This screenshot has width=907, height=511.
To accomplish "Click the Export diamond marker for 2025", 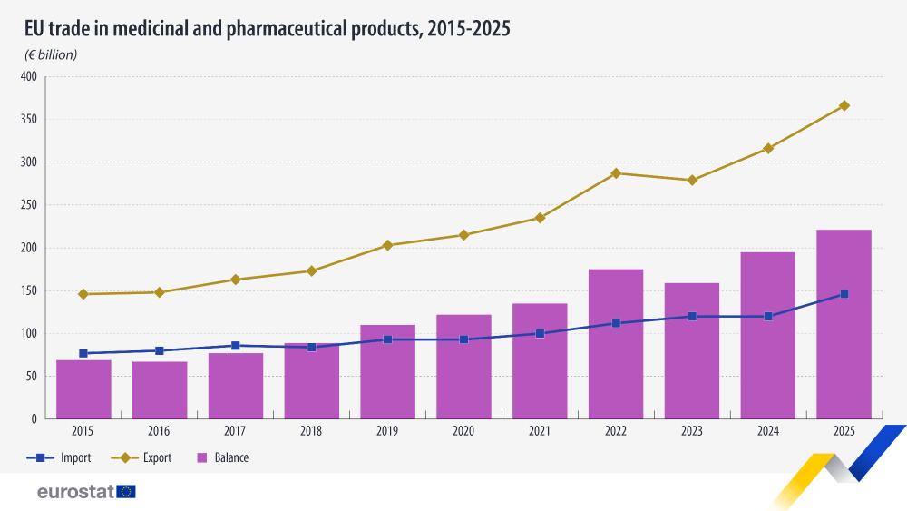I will [844, 105].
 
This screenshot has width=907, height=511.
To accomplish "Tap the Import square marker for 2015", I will [83, 353].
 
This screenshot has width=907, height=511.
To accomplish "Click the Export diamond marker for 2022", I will [616, 172].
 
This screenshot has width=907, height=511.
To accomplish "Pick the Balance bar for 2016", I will [160, 390].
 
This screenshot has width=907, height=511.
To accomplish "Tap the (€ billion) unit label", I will [51, 54].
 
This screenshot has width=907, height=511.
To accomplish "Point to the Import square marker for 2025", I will [844, 294].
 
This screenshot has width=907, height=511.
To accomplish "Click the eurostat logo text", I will [75, 492].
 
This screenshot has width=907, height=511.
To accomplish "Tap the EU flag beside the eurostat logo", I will [126, 492].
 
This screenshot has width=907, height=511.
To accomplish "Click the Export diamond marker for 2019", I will [387, 245].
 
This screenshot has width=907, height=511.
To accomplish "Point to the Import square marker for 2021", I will [540, 333].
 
